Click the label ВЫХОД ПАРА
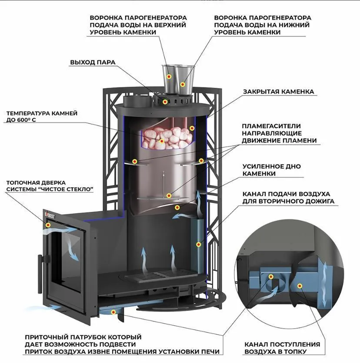click(93, 62)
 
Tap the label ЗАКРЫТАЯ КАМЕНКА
click(278, 92)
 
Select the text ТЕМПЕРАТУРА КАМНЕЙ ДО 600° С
click(42, 116)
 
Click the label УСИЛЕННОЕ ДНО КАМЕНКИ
click(271, 170)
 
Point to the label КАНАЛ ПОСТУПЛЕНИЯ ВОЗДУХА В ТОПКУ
click(282, 348)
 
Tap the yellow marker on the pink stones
click(162, 141)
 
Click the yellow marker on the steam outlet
click(165, 102)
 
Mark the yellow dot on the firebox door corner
click(48, 225)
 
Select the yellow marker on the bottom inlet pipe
click(113, 312)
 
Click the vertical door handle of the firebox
click(40, 274)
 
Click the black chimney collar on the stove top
click(137, 101)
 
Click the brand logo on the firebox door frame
click(50, 215)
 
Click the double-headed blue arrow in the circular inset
click(324, 284)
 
